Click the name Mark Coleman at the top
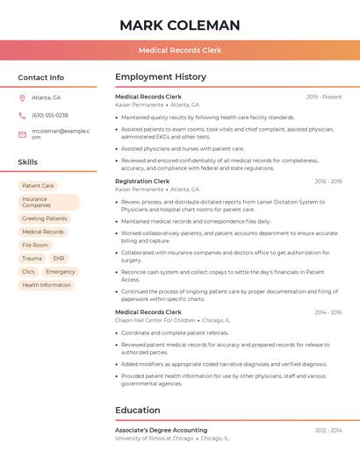click(179, 25)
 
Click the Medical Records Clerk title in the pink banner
click(179, 50)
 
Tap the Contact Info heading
click(41, 77)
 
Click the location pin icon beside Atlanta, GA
click(22, 97)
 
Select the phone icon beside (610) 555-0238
click(22, 115)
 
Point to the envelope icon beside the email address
click(22, 134)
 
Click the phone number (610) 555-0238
click(50, 115)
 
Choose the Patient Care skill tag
click(38, 186)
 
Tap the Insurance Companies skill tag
click(48, 203)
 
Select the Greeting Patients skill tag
click(45, 218)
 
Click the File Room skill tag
click(35, 245)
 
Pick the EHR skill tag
click(59, 259)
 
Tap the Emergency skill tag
click(61, 272)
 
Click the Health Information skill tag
click(47, 285)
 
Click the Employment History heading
click(161, 77)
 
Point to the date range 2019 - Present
click(324, 97)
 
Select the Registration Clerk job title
click(142, 181)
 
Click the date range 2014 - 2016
click(328, 312)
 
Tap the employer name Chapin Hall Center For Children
click(155, 320)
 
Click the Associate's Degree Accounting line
click(162, 430)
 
